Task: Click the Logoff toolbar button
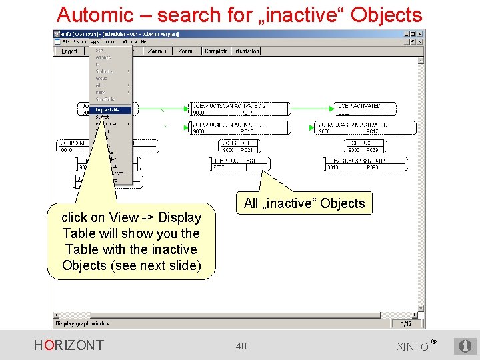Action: pyautogui.click(x=69, y=51)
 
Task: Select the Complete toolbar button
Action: pyautogui.click(x=216, y=51)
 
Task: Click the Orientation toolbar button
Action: pyautogui.click(x=245, y=51)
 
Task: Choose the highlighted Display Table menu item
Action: pyautogui.click(x=111, y=110)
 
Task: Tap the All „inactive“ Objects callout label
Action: pyautogui.click(x=305, y=203)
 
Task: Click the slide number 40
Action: pyautogui.click(x=241, y=345)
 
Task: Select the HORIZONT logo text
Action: pyautogui.click(x=69, y=345)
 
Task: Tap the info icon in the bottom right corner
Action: pyautogui.click(x=465, y=346)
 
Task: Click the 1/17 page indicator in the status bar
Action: pyautogui.click(x=406, y=324)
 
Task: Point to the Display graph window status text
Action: pyautogui.click(x=83, y=324)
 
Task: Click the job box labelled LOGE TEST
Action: pyautogui.click(x=237, y=164)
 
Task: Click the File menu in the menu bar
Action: pyautogui.click(x=65, y=42)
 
